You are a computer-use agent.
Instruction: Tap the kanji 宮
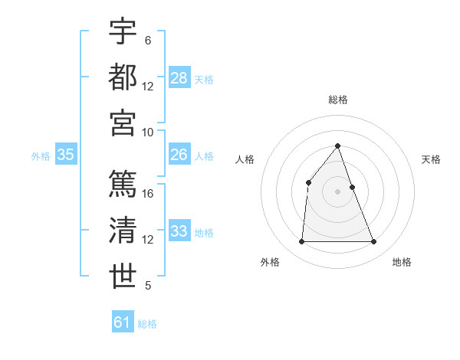pyautogui.click(x=123, y=122)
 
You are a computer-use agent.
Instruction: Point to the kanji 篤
pyautogui.click(x=123, y=184)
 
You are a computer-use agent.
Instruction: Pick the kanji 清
pyautogui.click(x=123, y=230)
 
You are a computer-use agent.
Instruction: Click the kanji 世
pyautogui.click(x=123, y=276)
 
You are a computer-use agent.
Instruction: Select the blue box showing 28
pyautogui.click(x=179, y=77)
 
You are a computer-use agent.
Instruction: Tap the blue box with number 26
pyautogui.click(x=179, y=155)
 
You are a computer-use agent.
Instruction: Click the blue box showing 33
pyautogui.click(x=179, y=231)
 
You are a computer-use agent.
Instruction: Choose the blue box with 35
pyautogui.click(x=66, y=155)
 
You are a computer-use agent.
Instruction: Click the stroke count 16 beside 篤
pyautogui.click(x=148, y=194)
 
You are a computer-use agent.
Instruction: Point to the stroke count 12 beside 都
pyautogui.click(x=148, y=86)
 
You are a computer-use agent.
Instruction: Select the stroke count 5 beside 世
pyautogui.click(x=148, y=286)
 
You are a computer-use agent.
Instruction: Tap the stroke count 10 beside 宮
pyautogui.click(x=148, y=132)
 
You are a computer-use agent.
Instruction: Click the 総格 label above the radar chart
pyautogui.click(x=338, y=100)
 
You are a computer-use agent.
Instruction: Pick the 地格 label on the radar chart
pyautogui.click(x=402, y=262)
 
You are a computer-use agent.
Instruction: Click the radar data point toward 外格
pyautogui.click(x=301, y=242)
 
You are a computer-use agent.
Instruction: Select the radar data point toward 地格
pyautogui.click(x=374, y=242)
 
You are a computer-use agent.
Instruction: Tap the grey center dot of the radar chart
pyautogui.click(x=338, y=191)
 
